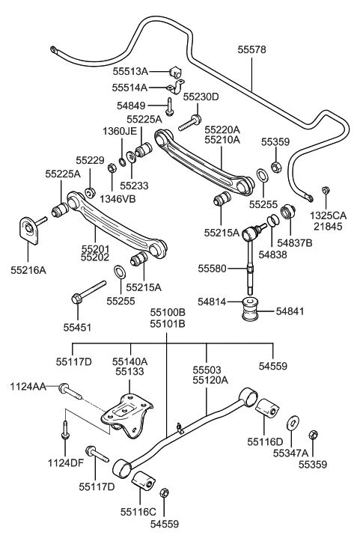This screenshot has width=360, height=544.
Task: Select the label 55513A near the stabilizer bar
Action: [x=130, y=72]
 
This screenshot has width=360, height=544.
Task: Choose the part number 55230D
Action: [x=201, y=97]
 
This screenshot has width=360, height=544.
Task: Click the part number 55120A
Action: [x=207, y=380]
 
